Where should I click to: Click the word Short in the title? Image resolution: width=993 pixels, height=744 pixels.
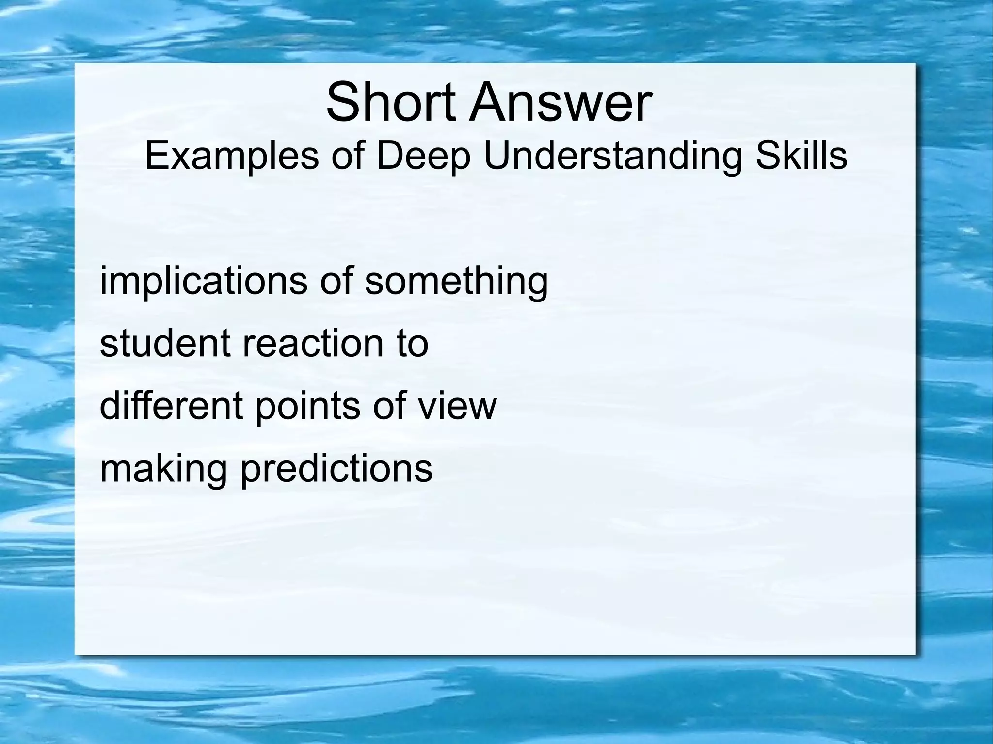point(391,103)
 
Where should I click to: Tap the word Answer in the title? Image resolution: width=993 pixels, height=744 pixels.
point(560,103)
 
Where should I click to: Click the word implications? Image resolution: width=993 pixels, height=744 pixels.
point(203,281)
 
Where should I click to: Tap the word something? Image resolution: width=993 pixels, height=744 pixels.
point(456,281)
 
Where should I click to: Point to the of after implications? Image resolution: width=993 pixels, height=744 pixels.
point(336,281)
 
